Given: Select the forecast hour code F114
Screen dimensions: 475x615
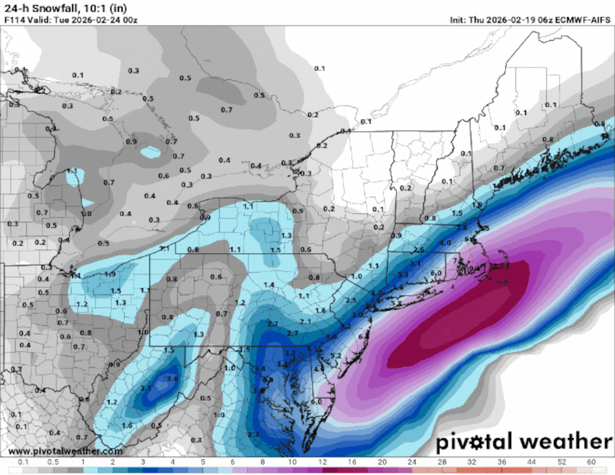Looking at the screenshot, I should (x=13, y=20).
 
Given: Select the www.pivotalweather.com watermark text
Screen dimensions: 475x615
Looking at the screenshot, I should (x=65, y=451).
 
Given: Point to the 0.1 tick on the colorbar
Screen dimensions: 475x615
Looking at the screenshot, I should (x=23, y=462).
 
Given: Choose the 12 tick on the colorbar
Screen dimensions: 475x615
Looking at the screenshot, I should (x=322, y=462).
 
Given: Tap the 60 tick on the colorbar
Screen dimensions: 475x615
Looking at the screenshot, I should (x=591, y=462).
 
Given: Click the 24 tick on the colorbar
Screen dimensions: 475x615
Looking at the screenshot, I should (x=412, y=462).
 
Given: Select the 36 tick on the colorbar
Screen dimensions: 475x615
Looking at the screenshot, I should (x=502, y=462).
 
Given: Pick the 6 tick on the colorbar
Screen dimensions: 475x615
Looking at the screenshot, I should (x=233, y=462).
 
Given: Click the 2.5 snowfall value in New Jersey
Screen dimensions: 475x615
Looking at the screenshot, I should (x=351, y=300).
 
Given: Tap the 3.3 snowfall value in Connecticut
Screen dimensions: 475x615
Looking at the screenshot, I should (x=403, y=274).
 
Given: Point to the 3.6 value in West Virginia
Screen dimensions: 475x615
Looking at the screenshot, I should (x=172, y=379).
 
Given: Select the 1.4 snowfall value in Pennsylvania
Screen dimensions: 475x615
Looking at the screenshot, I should (x=269, y=285).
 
